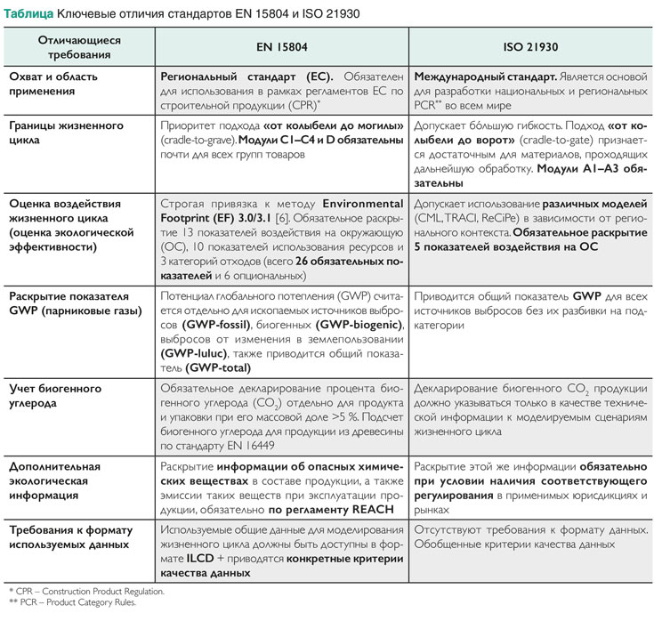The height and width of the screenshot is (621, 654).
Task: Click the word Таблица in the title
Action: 28,16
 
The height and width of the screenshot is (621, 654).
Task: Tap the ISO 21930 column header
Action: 530,47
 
